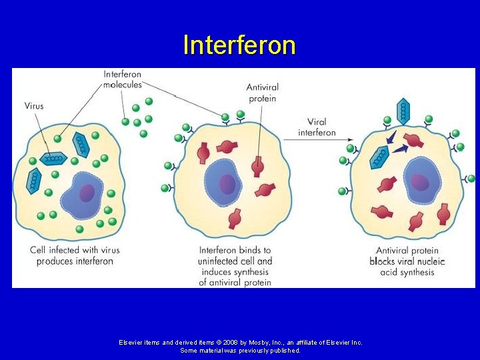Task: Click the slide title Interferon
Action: point(239,45)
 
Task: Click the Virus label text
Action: point(34,105)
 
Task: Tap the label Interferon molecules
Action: point(123,80)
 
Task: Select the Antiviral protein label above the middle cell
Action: point(262,93)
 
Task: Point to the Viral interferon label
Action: point(317,127)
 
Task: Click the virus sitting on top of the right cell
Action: point(403,111)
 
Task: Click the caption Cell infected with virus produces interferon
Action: point(75,255)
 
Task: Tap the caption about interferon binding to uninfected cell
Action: point(235,266)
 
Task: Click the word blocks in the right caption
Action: point(383,261)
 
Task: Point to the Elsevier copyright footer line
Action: point(240,342)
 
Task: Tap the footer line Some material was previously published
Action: point(240,350)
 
